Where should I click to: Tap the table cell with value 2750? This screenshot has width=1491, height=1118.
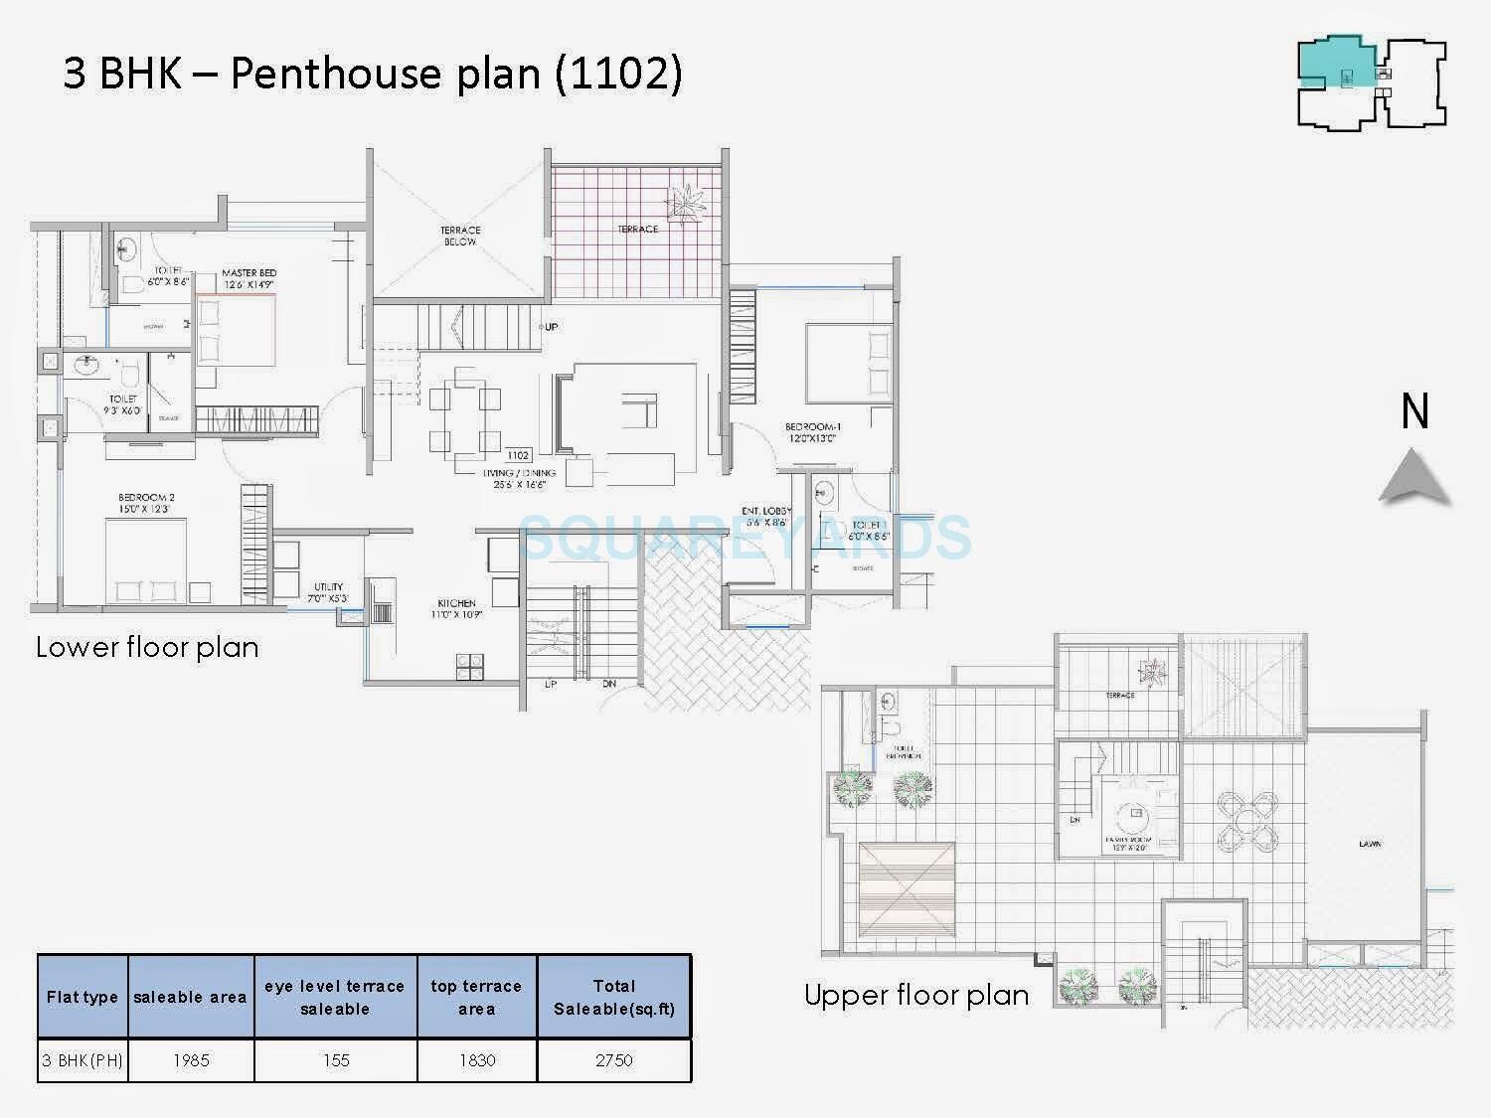point(613,1060)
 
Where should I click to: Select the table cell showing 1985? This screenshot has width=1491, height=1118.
point(191,1060)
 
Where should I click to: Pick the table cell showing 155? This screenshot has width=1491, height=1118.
point(336,1060)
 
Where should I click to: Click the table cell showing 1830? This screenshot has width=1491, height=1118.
point(476,1060)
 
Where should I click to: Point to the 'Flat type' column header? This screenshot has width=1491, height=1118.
point(83,997)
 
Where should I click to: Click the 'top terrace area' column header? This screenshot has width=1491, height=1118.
point(476,997)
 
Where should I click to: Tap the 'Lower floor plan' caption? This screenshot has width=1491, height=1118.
point(147,648)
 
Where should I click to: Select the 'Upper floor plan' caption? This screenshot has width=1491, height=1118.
point(915,996)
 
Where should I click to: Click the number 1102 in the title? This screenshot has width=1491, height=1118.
point(617,75)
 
